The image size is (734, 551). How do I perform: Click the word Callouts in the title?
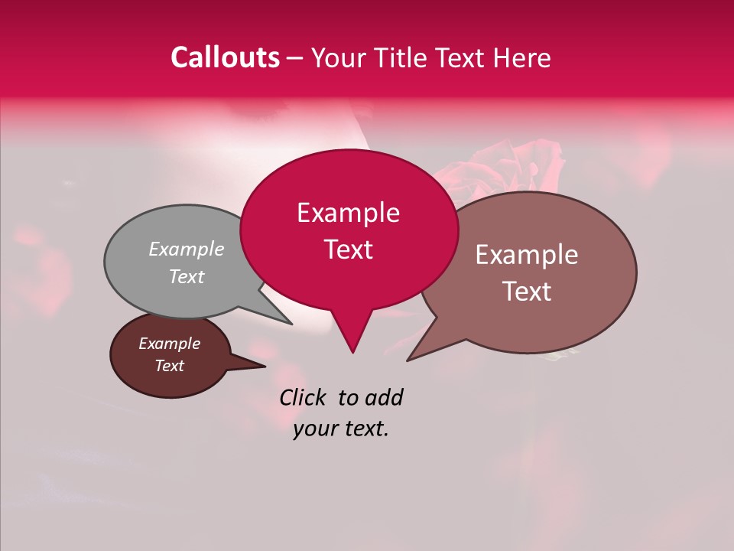225,57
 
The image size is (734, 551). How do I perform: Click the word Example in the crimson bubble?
349,213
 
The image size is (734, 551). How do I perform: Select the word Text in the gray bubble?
187,277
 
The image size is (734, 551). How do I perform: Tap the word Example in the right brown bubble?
527,255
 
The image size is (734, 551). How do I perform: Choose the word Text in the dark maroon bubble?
170,366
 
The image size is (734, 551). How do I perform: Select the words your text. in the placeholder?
341,429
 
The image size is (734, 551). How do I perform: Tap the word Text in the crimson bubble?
349,249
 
